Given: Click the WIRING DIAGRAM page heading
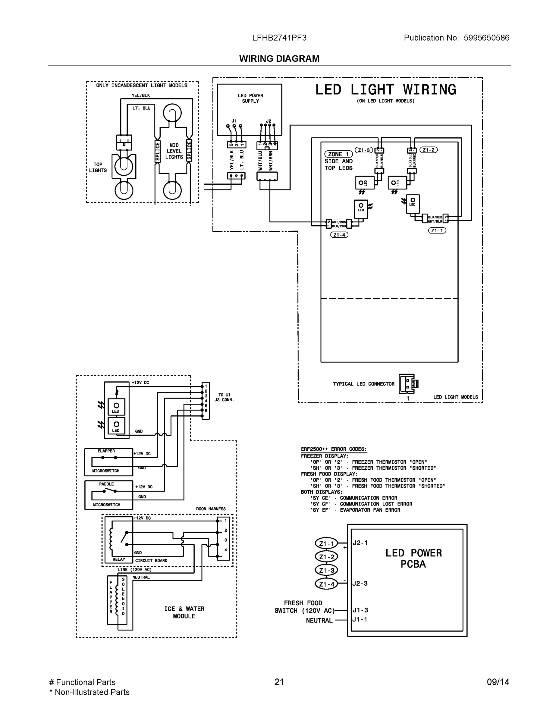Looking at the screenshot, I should pos(279,59).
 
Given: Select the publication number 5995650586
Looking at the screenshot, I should pos(486,38).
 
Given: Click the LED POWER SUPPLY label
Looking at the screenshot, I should pos(250,98).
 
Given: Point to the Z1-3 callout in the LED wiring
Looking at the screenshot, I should pos(364,150).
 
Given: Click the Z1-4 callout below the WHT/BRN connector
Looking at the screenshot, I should pos(339,235).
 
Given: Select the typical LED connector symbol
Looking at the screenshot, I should pos(408,384).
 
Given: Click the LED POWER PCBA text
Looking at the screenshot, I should pos(413,558).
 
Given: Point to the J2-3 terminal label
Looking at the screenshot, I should pos(360,583).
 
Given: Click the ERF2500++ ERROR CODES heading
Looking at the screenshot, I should pos(334,449).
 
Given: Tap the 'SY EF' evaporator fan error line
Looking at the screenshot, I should pos(355,510).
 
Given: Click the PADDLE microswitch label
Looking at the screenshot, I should pos(106,484).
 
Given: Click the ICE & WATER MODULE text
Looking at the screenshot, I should pos(184,612).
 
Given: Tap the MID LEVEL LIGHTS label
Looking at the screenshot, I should pos(174,151).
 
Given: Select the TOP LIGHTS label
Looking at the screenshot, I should pos(98,167).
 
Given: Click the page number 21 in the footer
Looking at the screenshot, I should pos(279,682).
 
